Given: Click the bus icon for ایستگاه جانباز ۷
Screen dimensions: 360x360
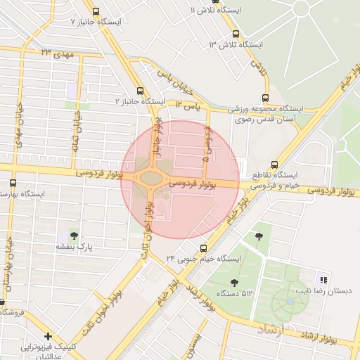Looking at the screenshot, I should (x=95, y=11).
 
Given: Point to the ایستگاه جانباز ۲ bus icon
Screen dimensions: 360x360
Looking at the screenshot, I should (x=140, y=91).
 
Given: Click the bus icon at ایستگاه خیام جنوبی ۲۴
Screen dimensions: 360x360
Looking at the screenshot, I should (x=203, y=248).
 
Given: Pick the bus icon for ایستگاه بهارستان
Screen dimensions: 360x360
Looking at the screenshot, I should (x=12, y=182).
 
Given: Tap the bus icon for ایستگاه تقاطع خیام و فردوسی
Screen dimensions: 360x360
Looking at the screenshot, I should (x=275, y=164).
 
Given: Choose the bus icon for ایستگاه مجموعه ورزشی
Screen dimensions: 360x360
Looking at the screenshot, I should (x=264, y=98).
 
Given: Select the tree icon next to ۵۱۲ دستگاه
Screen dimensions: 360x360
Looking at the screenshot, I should (x=234, y=282).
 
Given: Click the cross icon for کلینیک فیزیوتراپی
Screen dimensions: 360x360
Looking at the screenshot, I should (x=47, y=336).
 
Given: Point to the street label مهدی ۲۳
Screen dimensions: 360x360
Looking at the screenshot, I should (x=56, y=53).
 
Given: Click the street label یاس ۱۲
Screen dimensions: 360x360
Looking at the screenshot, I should (x=188, y=105).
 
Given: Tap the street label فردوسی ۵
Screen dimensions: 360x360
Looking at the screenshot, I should (x=206, y=144).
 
